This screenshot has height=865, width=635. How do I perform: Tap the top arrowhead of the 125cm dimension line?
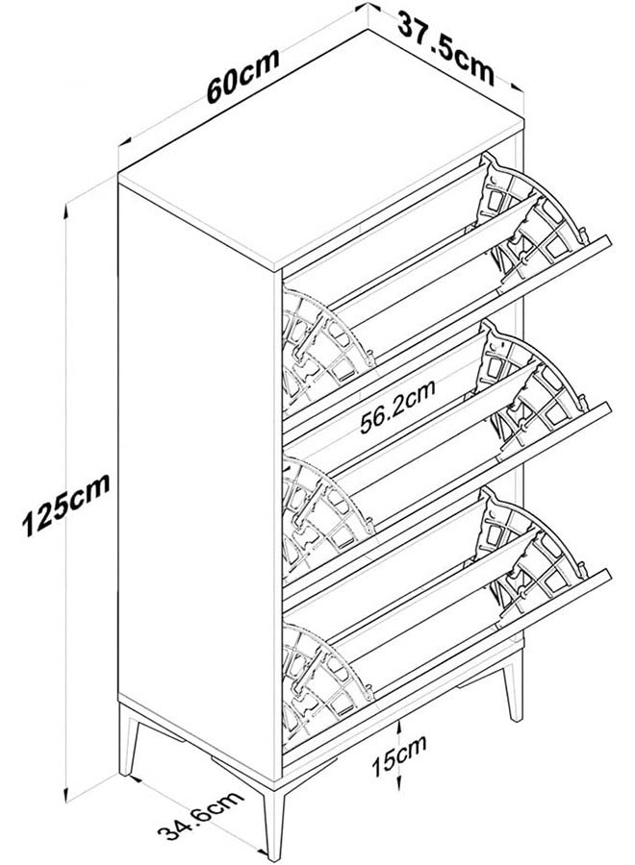66,208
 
